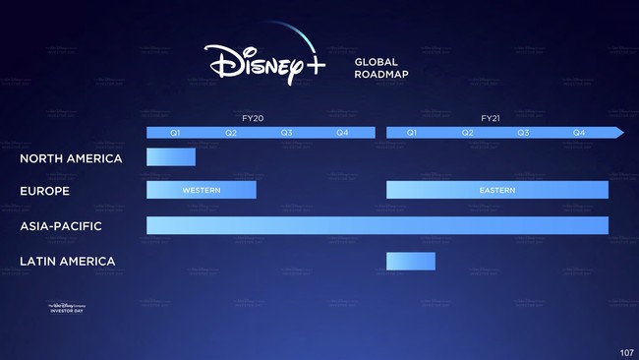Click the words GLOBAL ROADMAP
(383, 67)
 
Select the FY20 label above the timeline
(253, 118)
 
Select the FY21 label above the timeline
(492, 118)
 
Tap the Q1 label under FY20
(175, 132)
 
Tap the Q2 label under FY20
(231, 132)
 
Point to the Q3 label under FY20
(286, 132)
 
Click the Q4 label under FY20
(342, 132)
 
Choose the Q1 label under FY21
(413, 132)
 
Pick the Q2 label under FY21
(468, 132)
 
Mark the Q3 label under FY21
(523, 132)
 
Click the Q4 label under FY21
(579, 132)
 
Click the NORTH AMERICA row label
(71, 158)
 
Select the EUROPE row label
(44, 190)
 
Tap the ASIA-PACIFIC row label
(61, 226)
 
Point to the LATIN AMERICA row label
(67, 262)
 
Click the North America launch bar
(171, 157)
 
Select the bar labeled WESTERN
(202, 190)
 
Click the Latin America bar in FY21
(410, 261)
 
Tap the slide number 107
(626, 352)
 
